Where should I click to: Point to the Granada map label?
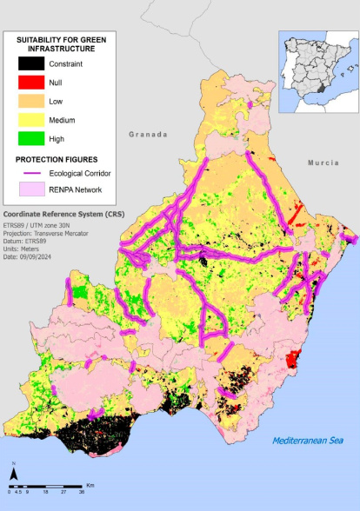click(x=147, y=135)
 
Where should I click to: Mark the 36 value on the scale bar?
click(x=82, y=492)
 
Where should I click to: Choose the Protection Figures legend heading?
click(x=56, y=159)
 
